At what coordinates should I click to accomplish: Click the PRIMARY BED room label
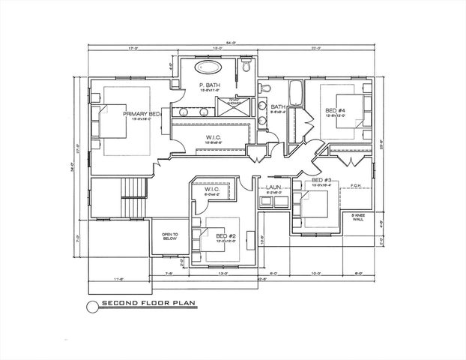tap(142, 113)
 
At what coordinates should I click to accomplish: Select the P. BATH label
tap(208, 86)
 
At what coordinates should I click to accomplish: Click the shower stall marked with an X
tap(229, 105)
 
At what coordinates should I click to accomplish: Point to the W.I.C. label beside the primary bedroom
tap(214, 137)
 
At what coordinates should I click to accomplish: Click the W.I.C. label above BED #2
tap(211, 189)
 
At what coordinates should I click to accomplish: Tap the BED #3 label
tap(321, 181)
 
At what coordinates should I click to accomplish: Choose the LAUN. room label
tap(272, 187)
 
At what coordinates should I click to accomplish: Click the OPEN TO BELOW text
tap(170, 237)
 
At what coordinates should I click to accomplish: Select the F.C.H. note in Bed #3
tap(354, 186)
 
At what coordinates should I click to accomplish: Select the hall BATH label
tap(277, 106)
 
